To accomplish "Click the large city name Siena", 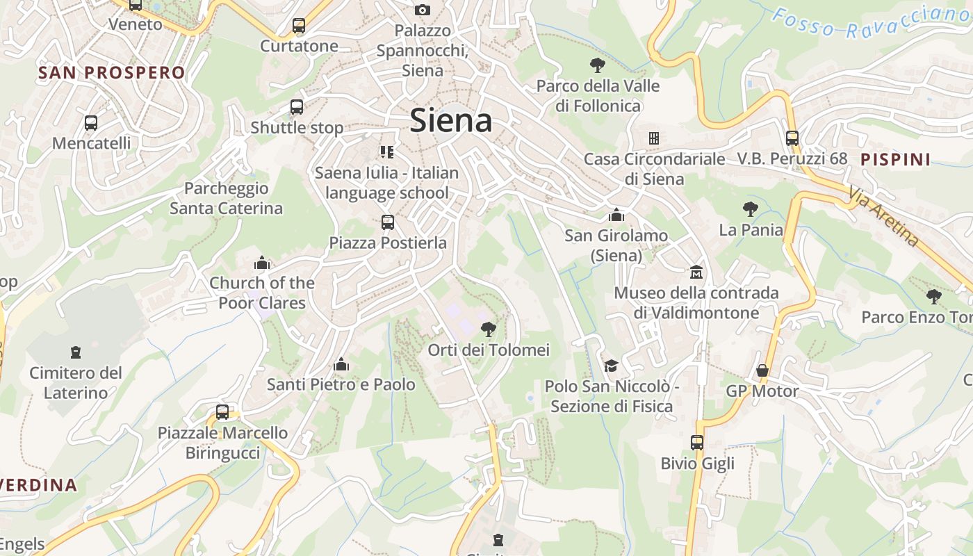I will point(451,121).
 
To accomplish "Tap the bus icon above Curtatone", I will point(299,26).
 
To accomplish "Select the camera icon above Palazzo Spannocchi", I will point(422,10).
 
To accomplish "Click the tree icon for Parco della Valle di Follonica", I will point(597,66).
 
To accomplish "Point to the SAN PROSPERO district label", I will point(112,72).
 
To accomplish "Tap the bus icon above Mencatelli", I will point(91,123).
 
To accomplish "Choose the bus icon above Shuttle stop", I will point(297,107).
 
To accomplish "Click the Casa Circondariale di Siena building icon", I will point(654,138).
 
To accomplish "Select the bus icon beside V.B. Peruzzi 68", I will point(792,138).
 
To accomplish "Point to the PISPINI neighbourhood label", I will point(895,159).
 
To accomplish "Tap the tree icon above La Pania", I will point(750,208).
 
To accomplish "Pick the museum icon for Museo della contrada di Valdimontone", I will point(696,272).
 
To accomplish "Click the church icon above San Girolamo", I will point(616,215).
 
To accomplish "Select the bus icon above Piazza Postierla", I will point(388,222).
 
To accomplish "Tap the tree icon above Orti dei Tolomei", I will point(489,329).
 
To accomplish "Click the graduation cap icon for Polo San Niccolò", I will point(611,366).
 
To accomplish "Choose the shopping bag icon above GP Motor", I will point(762,370).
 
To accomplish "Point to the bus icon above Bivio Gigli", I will point(697,442).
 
